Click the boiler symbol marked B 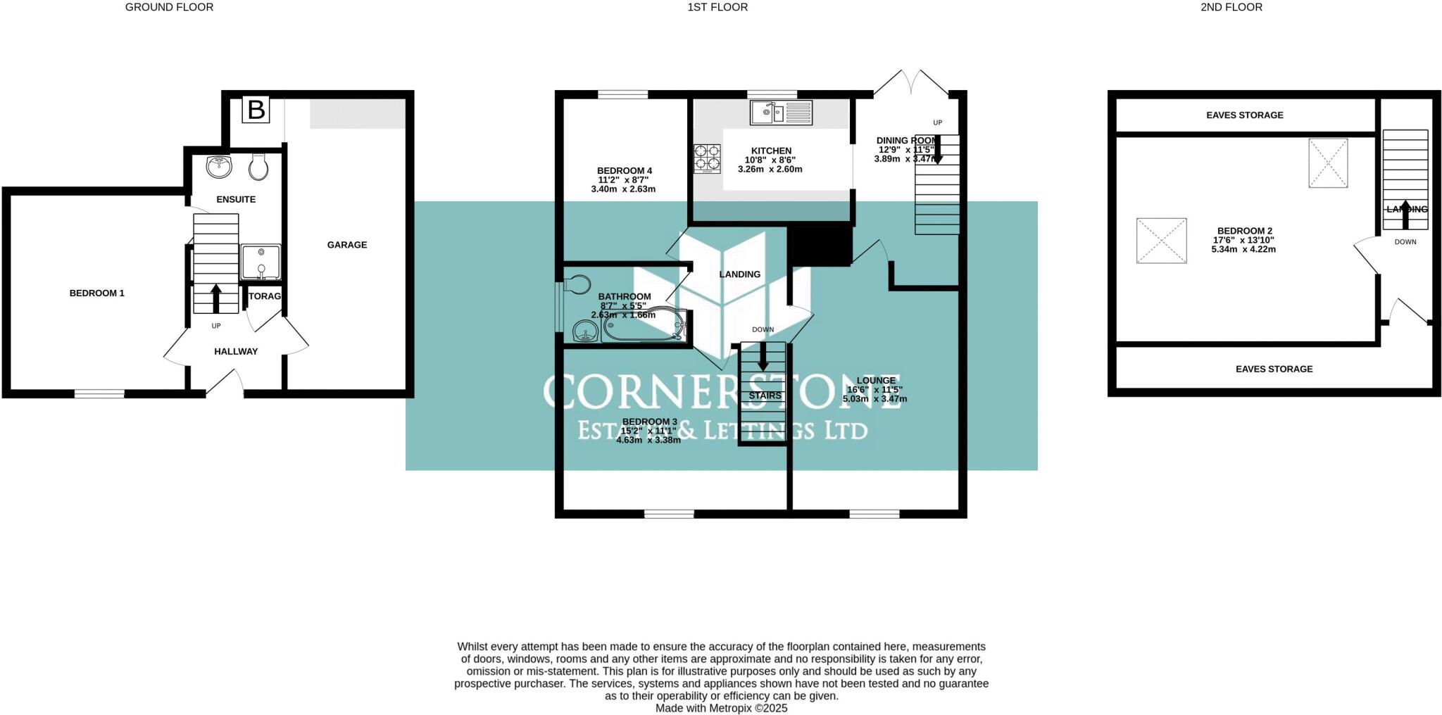click(x=256, y=110)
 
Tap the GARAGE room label click(x=346, y=245)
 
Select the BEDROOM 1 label click(x=96, y=293)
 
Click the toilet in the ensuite click(x=258, y=167)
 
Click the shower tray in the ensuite click(x=261, y=262)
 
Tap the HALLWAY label click(x=236, y=351)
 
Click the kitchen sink click(x=780, y=112)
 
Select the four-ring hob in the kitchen click(x=708, y=158)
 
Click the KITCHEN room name click(x=771, y=151)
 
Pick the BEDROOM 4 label click(x=624, y=170)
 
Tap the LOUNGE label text click(x=876, y=380)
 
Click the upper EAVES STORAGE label click(x=1244, y=115)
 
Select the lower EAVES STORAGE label click(x=1274, y=369)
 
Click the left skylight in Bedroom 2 click(x=1161, y=241)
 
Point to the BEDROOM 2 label click(x=1244, y=231)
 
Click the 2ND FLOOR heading click(x=1231, y=7)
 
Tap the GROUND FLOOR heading click(x=169, y=7)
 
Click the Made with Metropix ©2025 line click(x=721, y=708)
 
